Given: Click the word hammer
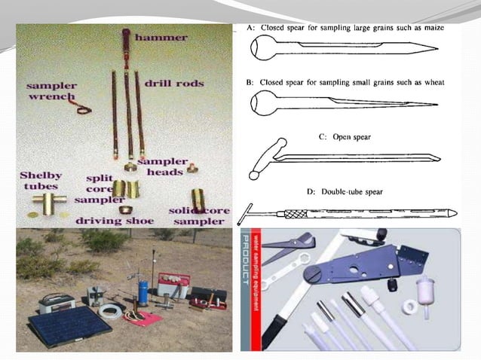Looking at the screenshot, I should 162,35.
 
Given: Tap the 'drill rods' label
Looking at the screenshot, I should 175,84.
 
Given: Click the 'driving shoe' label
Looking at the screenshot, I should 115,221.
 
